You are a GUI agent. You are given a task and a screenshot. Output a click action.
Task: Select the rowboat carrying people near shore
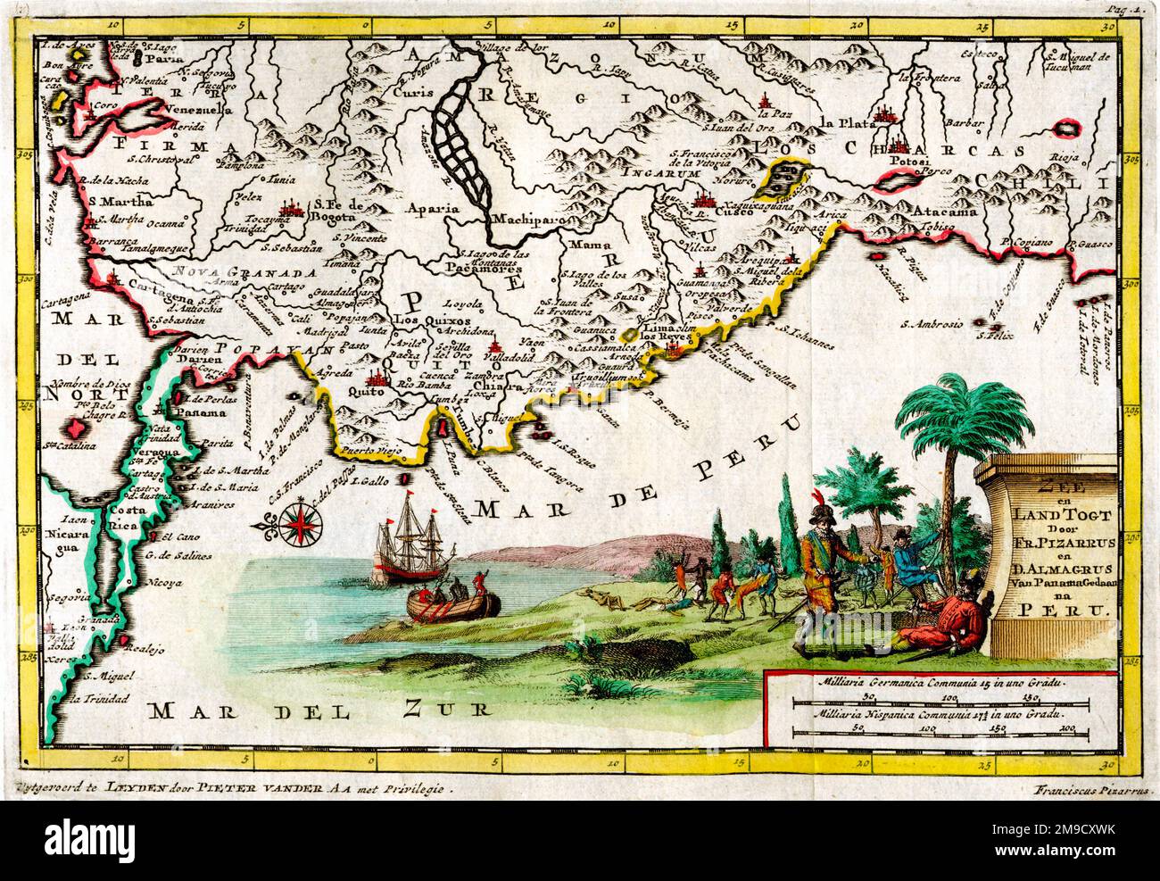(453, 600)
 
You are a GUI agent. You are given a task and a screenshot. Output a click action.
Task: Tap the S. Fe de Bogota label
(336, 212)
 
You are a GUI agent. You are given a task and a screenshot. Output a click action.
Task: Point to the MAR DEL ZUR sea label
(320, 711)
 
